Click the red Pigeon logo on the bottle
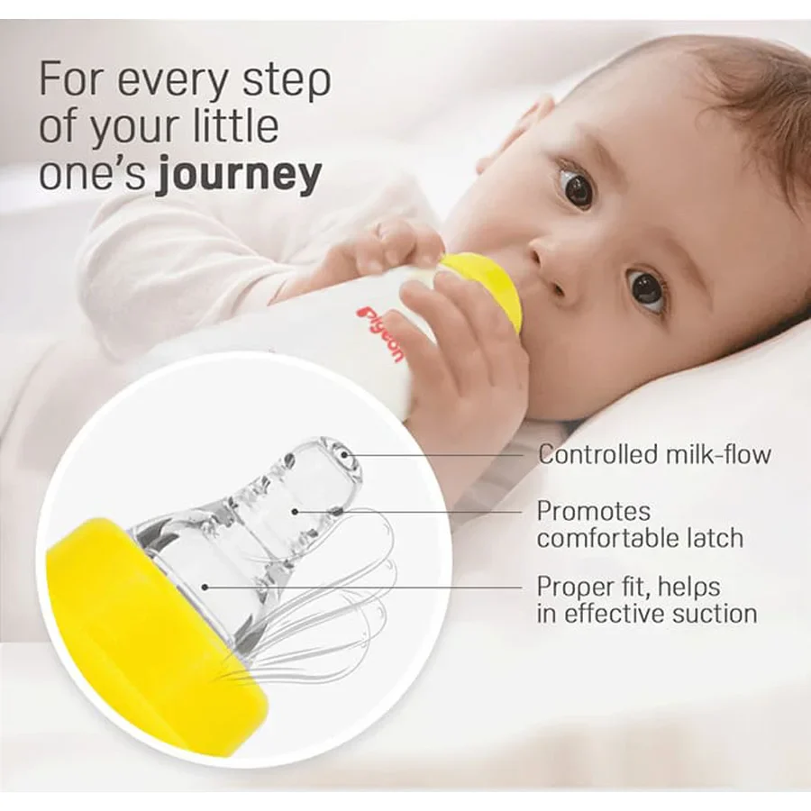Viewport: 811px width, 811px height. point(382,334)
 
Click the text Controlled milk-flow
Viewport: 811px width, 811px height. point(654,455)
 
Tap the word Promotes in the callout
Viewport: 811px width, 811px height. point(593,512)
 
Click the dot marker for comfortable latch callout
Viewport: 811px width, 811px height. point(295,512)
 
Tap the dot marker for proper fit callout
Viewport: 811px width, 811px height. point(205,587)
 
